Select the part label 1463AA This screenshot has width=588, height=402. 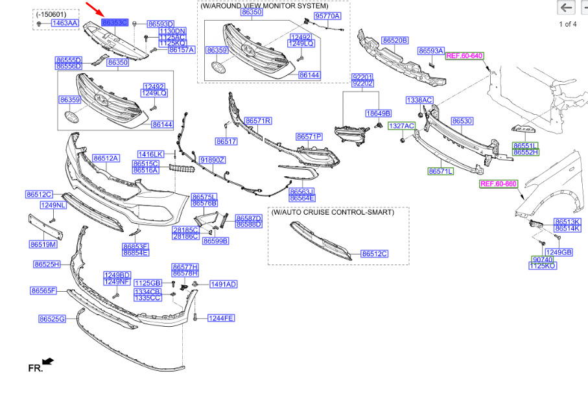pos(65,23)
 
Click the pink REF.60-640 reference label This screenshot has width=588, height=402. pos(465,56)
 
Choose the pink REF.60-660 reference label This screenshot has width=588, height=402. pos(498,184)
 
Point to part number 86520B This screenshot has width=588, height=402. pos(394,40)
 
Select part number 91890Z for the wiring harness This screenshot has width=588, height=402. pos(212,160)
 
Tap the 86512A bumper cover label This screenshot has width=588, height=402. pos(106,158)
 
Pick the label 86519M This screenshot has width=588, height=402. pos(43,244)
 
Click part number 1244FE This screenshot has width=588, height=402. pos(221,318)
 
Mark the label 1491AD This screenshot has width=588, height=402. pos(223,284)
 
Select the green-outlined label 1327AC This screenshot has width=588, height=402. pos(401,124)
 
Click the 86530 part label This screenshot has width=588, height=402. pos(462,121)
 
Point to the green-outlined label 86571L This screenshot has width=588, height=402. pos(441,171)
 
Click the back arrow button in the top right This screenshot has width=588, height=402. pos(567,8)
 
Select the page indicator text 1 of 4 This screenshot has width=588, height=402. pos(568,25)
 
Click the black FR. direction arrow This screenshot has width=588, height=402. pos(47,361)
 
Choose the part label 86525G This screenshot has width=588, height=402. pos(53,319)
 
